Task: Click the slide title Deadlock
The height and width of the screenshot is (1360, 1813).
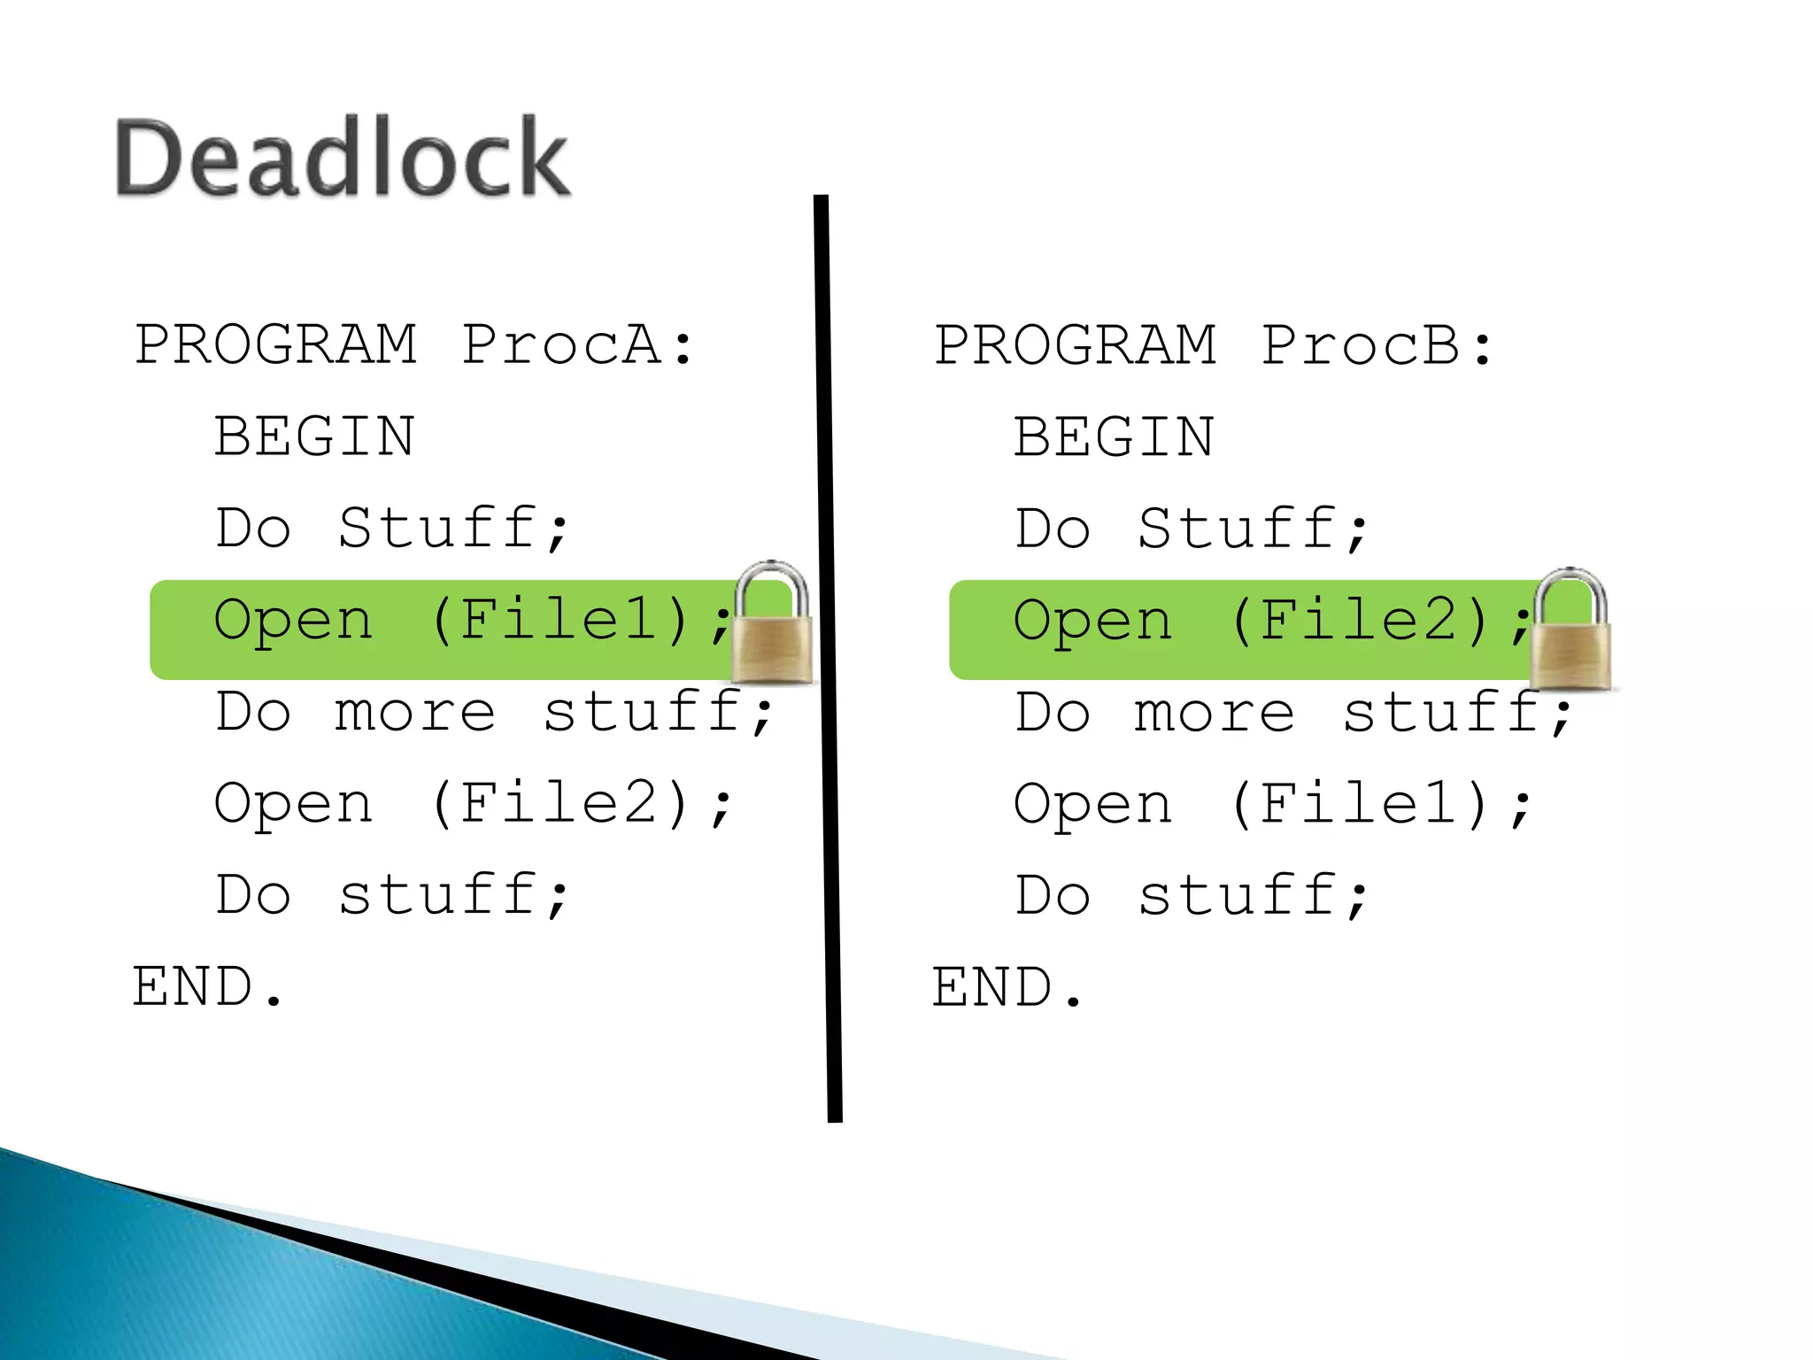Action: (x=342, y=158)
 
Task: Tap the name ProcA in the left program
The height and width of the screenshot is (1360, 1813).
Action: (x=561, y=344)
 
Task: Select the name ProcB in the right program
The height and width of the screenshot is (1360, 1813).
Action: (x=1362, y=344)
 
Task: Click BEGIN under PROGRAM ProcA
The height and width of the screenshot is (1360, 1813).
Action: (x=314, y=437)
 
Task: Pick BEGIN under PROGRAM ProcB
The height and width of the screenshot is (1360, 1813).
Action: (x=1114, y=437)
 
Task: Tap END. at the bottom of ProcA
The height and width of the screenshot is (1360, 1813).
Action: (x=207, y=987)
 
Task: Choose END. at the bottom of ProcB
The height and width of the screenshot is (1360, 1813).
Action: (x=1007, y=987)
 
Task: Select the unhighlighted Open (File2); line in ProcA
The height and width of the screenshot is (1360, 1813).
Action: (x=473, y=804)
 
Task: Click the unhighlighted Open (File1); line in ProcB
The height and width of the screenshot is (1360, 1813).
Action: (x=1272, y=804)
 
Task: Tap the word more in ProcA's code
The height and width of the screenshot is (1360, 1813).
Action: (x=414, y=712)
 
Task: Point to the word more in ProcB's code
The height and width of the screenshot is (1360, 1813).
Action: (x=1214, y=712)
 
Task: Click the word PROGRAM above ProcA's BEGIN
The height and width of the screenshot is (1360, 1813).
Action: (x=275, y=344)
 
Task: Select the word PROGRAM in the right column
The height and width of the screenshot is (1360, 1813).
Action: (x=1076, y=344)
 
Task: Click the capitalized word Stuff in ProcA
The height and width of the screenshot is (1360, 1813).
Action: (x=438, y=529)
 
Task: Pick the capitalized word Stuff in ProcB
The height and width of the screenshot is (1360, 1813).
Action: (x=1238, y=529)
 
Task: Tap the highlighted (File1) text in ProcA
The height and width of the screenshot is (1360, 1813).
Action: (x=561, y=620)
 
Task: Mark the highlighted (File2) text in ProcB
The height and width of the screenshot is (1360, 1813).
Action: (x=1361, y=620)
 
